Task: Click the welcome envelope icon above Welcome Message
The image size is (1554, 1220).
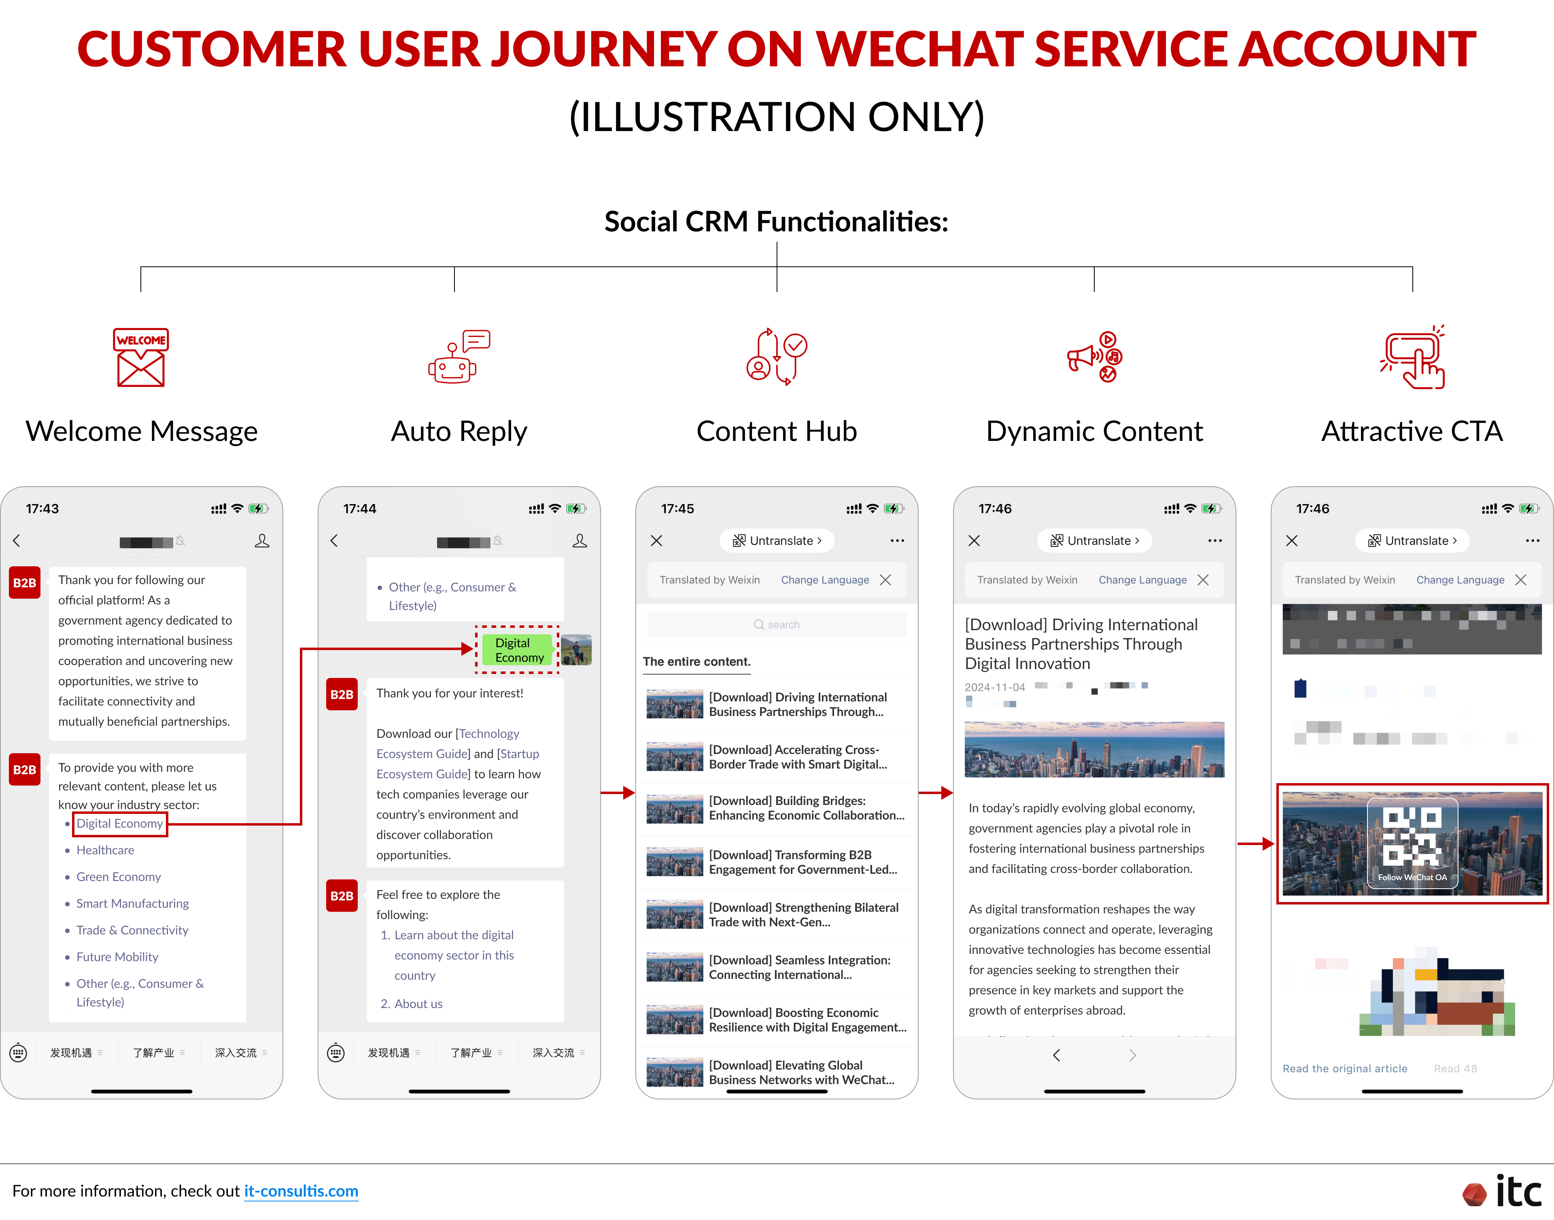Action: (141, 357)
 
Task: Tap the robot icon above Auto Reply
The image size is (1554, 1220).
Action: (457, 357)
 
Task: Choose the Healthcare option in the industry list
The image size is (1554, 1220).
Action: (105, 850)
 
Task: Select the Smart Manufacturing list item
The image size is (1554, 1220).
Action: (132, 904)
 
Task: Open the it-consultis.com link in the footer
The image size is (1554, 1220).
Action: (301, 1191)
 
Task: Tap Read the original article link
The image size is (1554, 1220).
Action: (1345, 1069)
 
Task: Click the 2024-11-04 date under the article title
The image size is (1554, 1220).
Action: (995, 687)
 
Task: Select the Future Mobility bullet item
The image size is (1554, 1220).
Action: (117, 957)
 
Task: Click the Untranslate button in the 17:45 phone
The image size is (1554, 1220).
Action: (777, 541)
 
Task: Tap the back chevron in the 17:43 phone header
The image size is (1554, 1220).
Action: (17, 541)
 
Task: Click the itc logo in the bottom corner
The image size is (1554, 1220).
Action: (1503, 1191)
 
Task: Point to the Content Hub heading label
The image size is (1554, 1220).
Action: (777, 432)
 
